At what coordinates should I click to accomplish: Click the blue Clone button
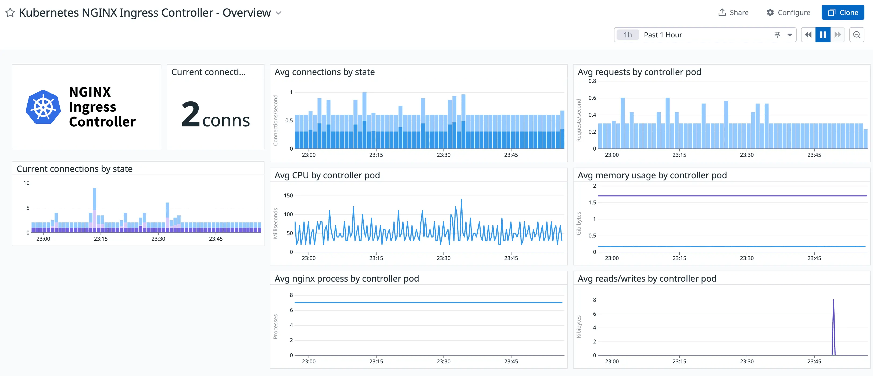(843, 13)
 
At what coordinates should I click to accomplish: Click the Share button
(734, 13)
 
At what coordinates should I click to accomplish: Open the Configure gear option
(788, 13)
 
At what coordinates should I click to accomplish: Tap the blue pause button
(822, 35)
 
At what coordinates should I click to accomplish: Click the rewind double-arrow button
(808, 35)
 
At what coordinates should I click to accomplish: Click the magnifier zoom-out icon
(856, 35)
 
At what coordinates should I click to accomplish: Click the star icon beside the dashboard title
(10, 13)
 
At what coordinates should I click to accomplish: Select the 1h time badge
(627, 35)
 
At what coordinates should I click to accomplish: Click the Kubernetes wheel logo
(43, 107)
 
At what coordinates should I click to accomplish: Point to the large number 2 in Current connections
(191, 115)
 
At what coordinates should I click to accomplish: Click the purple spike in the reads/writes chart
(833, 322)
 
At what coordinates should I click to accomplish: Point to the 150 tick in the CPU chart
(288, 196)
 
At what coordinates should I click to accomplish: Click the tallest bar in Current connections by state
(95, 200)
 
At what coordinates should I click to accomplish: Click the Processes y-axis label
(276, 327)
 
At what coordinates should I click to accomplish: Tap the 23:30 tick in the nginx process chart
(443, 361)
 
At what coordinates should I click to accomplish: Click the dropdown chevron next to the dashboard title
(278, 13)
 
